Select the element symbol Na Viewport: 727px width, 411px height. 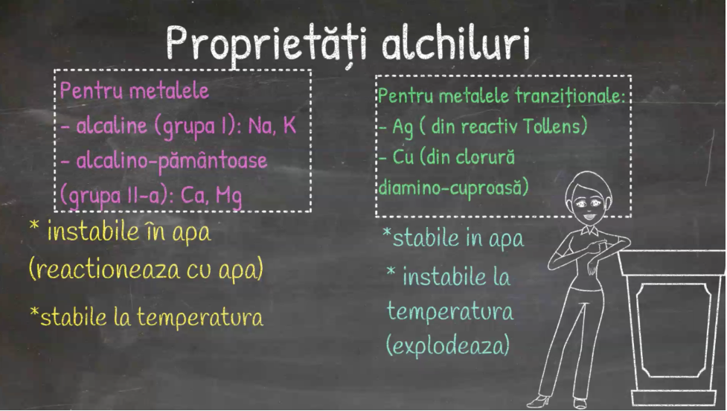point(260,126)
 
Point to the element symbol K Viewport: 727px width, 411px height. point(289,125)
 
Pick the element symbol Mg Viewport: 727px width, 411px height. point(228,197)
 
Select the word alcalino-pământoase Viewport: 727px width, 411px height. point(172,161)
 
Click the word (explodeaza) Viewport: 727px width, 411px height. point(449,345)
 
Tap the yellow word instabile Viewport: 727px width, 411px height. point(93,232)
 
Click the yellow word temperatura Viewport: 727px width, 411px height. point(200,317)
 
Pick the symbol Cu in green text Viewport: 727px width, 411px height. point(403,157)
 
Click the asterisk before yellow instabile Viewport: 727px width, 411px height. point(33,226)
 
